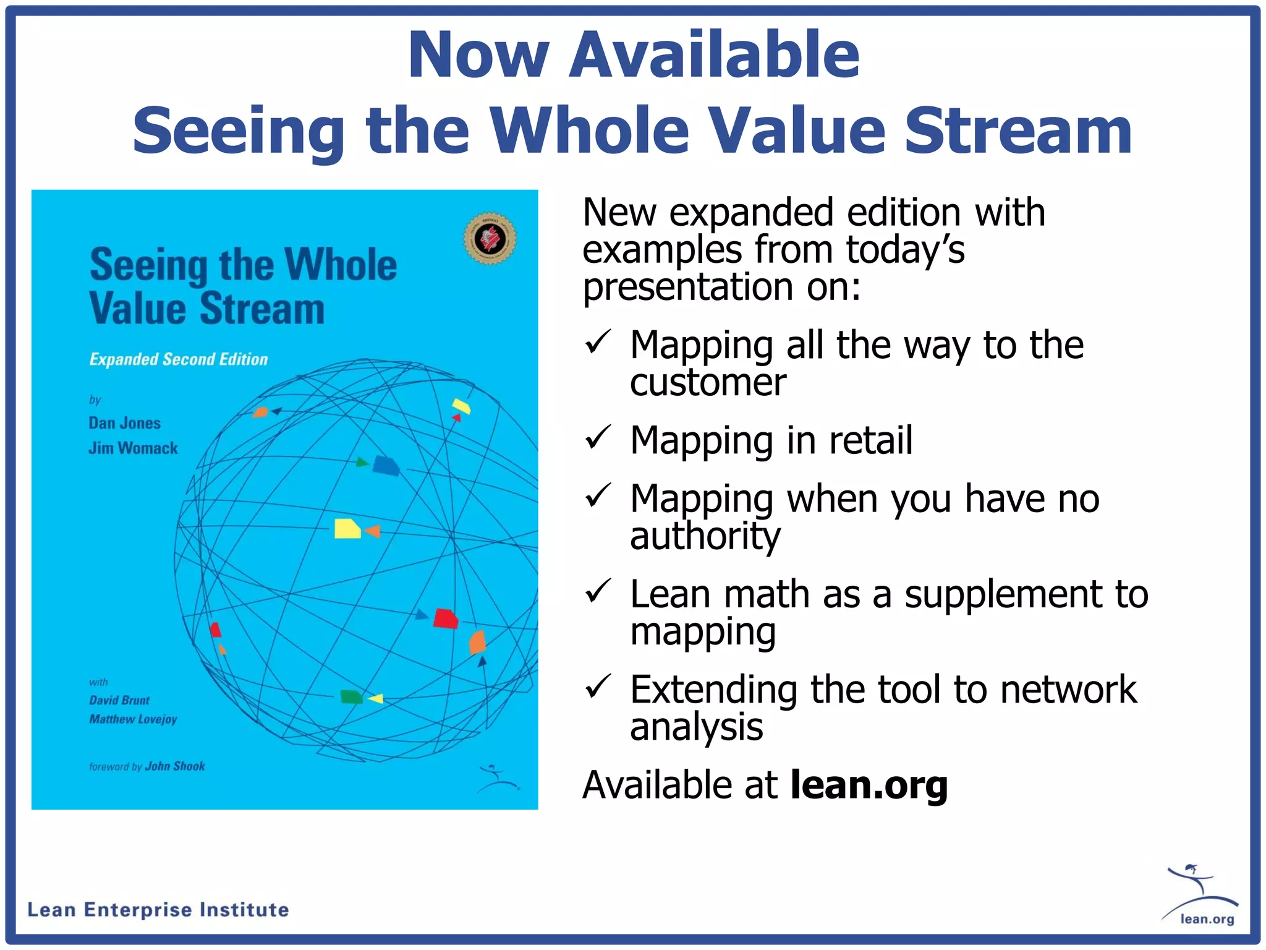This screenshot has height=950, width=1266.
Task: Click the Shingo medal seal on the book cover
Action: [490, 238]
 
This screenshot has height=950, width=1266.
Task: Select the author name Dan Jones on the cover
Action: [124, 423]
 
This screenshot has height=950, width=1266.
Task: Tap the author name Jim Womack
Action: [133, 448]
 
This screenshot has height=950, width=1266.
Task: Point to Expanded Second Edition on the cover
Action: [179, 359]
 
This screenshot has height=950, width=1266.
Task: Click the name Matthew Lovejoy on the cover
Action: [133, 719]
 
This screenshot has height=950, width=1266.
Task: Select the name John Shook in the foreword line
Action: [175, 766]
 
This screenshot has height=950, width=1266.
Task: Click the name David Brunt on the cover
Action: [119, 700]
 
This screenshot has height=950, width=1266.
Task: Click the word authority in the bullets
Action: [705, 536]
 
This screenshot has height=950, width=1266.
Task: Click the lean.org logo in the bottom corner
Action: [1200, 896]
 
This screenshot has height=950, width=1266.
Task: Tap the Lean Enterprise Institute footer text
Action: [158, 910]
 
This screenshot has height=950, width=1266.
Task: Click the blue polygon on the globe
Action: [386, 466]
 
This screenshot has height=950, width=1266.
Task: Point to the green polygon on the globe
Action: [352, 697]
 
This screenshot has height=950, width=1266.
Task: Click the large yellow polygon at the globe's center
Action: [347, 529]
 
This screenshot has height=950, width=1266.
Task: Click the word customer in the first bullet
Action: [708, 382]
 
